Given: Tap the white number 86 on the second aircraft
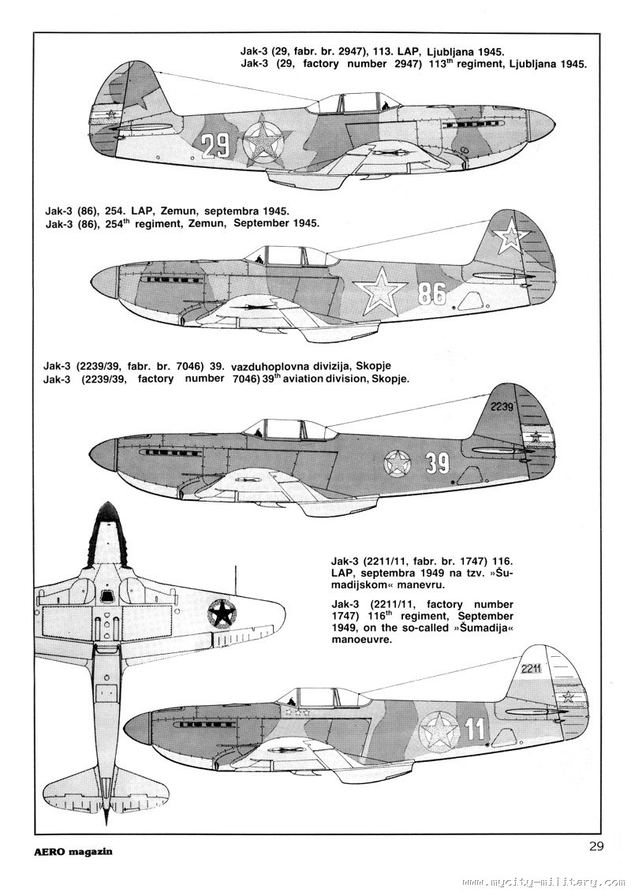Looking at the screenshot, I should [x=432, y=293].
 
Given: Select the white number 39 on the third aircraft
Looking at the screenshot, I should [x=437, y=464].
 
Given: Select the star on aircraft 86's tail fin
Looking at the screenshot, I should [x=511, y=233].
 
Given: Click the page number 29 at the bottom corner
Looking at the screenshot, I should [x=596, y=847].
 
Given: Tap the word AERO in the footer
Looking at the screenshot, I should [x=56, y=853].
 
